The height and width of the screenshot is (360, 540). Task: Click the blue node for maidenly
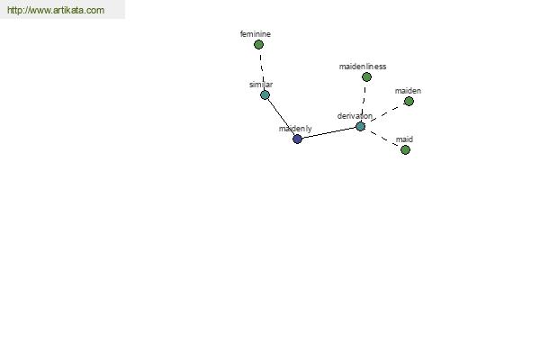point(297,139)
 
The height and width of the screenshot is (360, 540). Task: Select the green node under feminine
point(258,44)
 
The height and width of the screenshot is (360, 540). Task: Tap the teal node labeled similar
point(265,95)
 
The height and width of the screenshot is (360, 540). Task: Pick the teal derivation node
point(360,126)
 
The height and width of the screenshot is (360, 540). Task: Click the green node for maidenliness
point(367,76)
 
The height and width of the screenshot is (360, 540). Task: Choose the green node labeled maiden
point(409,102)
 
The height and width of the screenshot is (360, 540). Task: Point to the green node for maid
point(405,150)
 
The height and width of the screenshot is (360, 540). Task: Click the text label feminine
point(256,34)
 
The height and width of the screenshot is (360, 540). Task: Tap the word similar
point(261,85)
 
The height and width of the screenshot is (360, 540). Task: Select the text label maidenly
point(295,129)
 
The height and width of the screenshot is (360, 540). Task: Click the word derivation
point(355,116)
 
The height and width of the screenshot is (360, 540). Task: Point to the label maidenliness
point(363,67)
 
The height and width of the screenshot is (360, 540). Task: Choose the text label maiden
point(408,91)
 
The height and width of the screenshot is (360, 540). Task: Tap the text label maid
point(404,139)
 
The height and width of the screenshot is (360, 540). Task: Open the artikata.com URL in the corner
point(56,10)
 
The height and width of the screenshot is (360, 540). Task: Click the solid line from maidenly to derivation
point(328,132)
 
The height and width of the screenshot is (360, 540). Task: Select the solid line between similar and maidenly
point(281,117)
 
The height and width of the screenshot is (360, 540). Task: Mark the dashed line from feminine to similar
point(262,70)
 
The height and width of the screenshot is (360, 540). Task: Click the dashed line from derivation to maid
point(383,138)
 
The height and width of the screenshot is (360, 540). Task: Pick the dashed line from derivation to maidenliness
point(364,102)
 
